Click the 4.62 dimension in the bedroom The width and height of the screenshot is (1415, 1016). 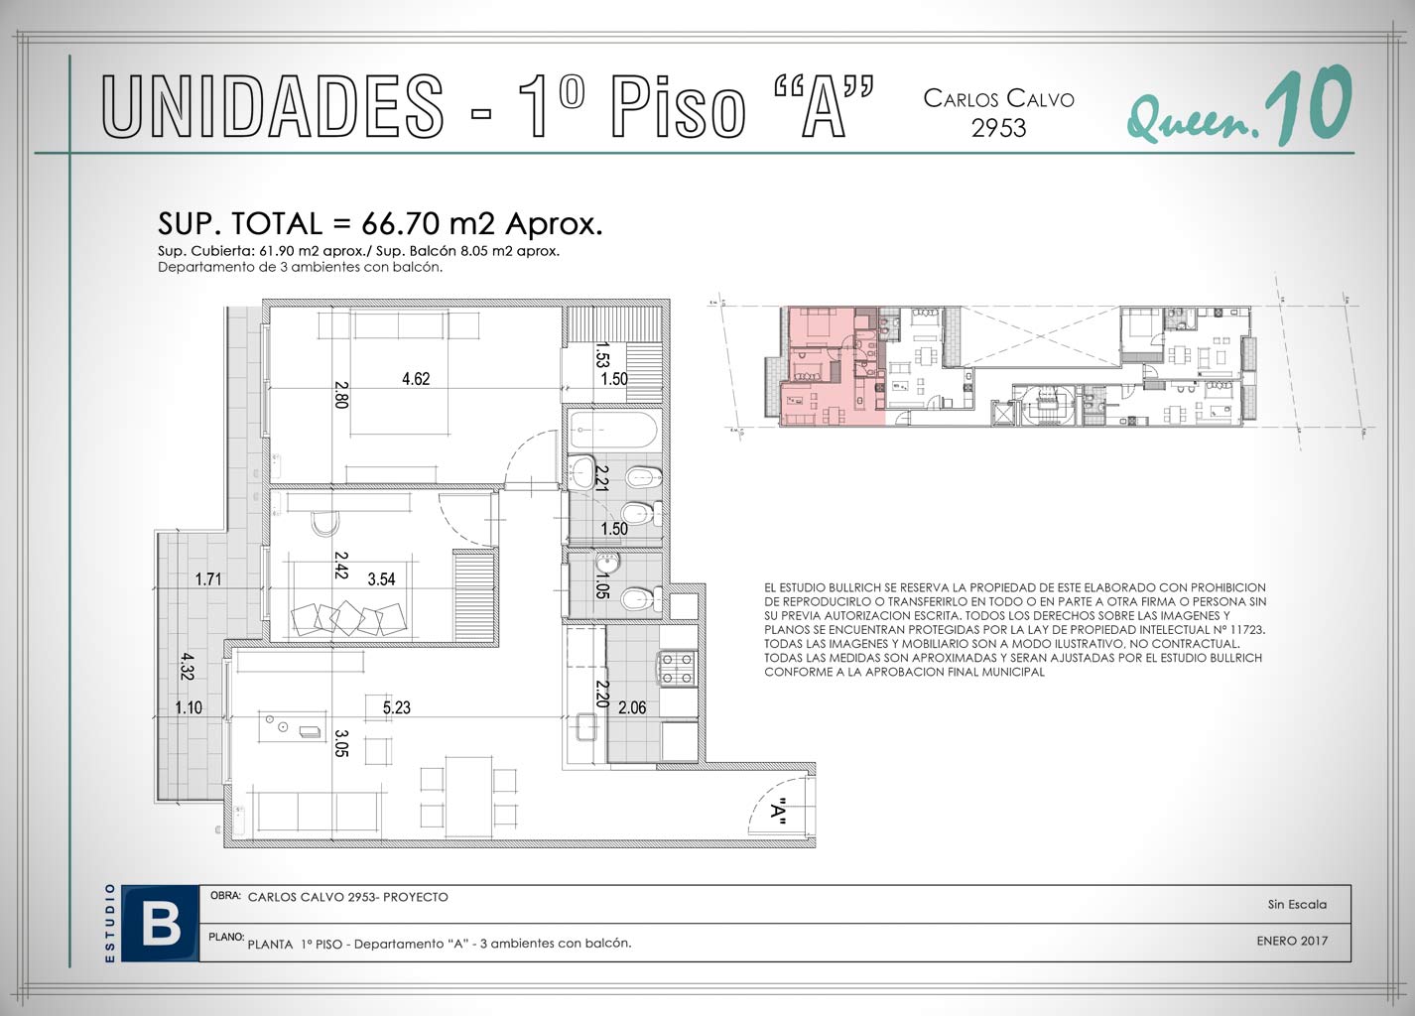point(416,378)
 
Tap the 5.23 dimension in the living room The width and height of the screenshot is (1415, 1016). point(397,707)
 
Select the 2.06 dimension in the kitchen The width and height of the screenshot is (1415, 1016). point(632,707)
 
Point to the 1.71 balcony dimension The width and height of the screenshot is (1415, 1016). point(207,579)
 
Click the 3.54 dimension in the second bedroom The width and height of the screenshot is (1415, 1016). point(382,579)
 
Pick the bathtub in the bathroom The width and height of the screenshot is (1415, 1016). point(613,430)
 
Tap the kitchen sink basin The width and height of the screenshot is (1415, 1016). point(586,727)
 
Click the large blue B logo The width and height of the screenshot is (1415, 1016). point(161,925)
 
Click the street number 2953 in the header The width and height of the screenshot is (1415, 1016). point(998,128)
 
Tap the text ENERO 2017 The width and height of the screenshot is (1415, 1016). point(1292,941)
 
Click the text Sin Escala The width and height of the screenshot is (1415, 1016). point(1297,904)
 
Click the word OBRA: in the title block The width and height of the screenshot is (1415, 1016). point(225,895)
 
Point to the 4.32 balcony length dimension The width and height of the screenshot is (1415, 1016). point(187,666)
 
